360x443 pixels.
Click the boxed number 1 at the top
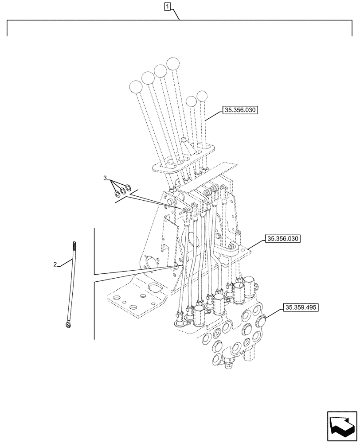[167, 6]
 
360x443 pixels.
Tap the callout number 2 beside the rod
[55, 264]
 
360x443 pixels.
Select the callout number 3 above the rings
[105, 178]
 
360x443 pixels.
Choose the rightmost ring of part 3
[128, 188]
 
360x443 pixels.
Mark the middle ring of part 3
[123, 190]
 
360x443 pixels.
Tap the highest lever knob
[173, 63]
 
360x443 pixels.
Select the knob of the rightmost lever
[202, 96]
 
